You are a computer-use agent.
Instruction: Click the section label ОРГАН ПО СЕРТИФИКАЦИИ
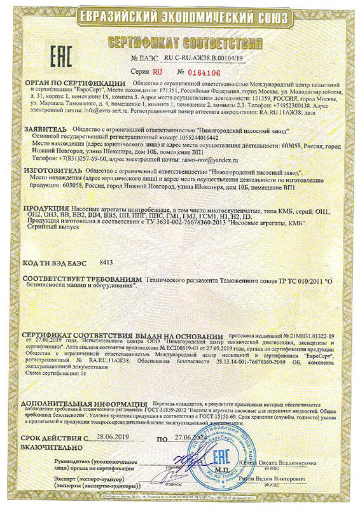coord(75,83)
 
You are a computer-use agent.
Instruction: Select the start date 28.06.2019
coord(112,438)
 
